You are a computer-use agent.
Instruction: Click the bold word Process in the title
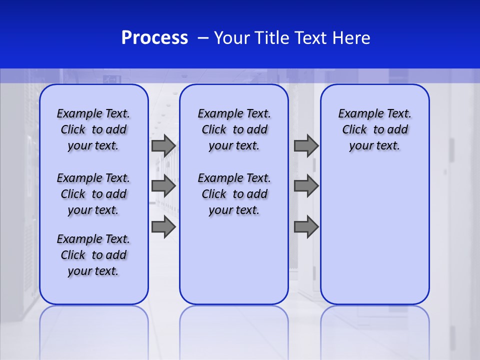pos(154,38)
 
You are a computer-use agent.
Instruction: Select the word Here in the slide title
pos(352,38)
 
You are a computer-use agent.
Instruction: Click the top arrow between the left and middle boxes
pos(163,146)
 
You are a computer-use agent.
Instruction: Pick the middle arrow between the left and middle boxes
pos(163,186)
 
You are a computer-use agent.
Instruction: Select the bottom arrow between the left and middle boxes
pos(163,227)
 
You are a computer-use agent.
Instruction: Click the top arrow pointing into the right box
pos(306,146)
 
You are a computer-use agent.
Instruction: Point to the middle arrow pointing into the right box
pos(306,186)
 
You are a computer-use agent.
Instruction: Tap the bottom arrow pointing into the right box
pos(306,227)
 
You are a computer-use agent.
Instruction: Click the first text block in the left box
pos(93,129)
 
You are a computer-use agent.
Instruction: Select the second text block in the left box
pos(93,194)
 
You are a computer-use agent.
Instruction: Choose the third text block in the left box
pos(93,255)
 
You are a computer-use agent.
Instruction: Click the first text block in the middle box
pos(234,129)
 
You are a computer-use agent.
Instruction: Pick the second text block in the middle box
pos(234,194)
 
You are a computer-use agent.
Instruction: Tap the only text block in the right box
pos(374,129)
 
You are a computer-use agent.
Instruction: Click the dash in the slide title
pos(203,38)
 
